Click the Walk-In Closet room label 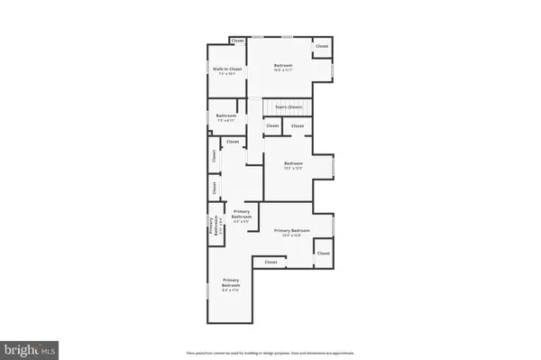[225, 69]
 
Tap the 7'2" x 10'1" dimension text [225, 74]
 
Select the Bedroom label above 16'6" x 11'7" [283, 66]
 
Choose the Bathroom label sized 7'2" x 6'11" [225, 115]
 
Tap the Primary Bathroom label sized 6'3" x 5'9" [242, 214]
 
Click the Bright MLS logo [31, 347]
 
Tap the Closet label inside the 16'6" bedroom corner [322, 46]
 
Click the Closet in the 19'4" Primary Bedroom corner [323, 254]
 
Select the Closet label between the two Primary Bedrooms [270, 263]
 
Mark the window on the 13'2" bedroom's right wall [334, 168]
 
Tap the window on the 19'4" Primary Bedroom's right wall [334, 226]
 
